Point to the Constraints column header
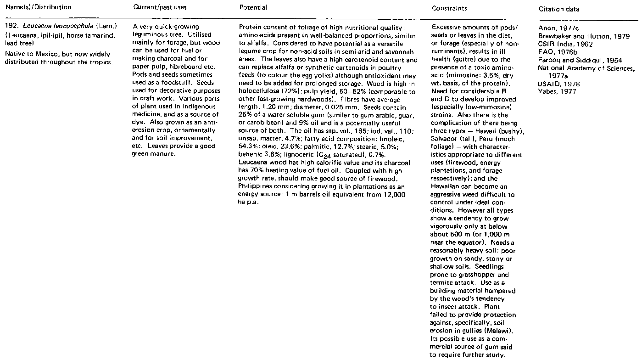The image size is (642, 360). pos(447,8)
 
